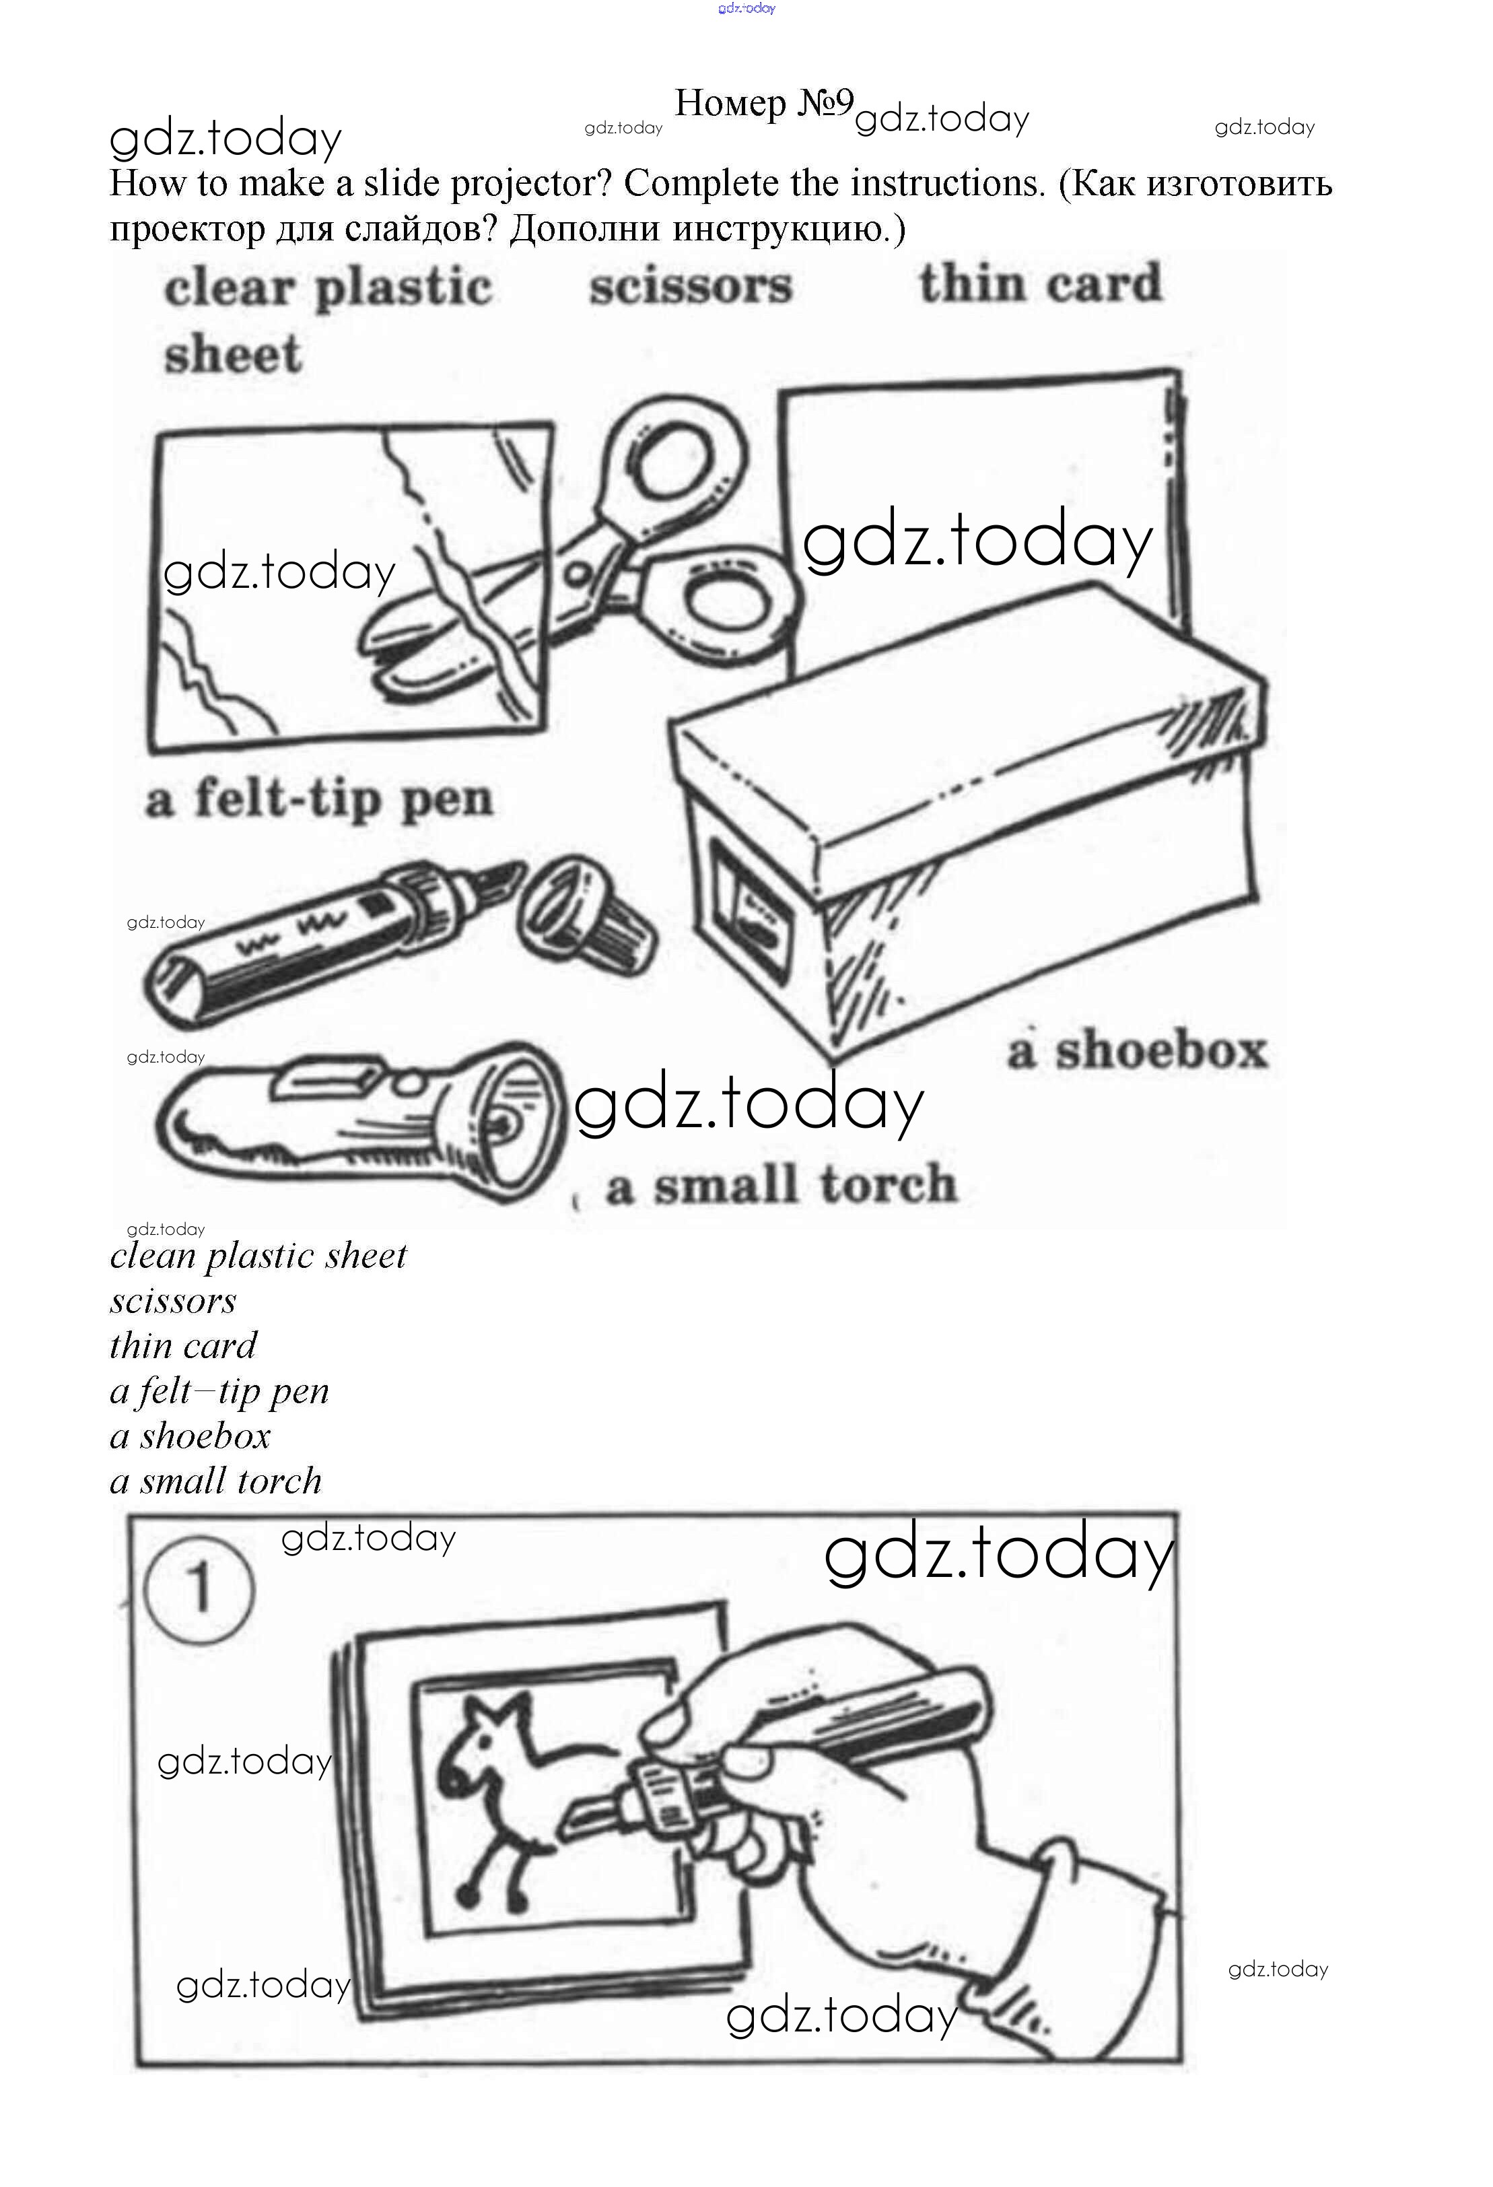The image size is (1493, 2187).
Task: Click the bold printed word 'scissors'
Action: click(x=691, y=285)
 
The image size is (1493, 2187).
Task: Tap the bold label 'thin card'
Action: click(x=1041, y=283)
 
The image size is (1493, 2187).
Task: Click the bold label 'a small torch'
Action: click(x=782, y=1184)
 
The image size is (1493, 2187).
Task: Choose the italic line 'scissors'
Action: click(x=173, y=1302)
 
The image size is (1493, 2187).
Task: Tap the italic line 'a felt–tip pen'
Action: click(x=219, y=1392)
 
